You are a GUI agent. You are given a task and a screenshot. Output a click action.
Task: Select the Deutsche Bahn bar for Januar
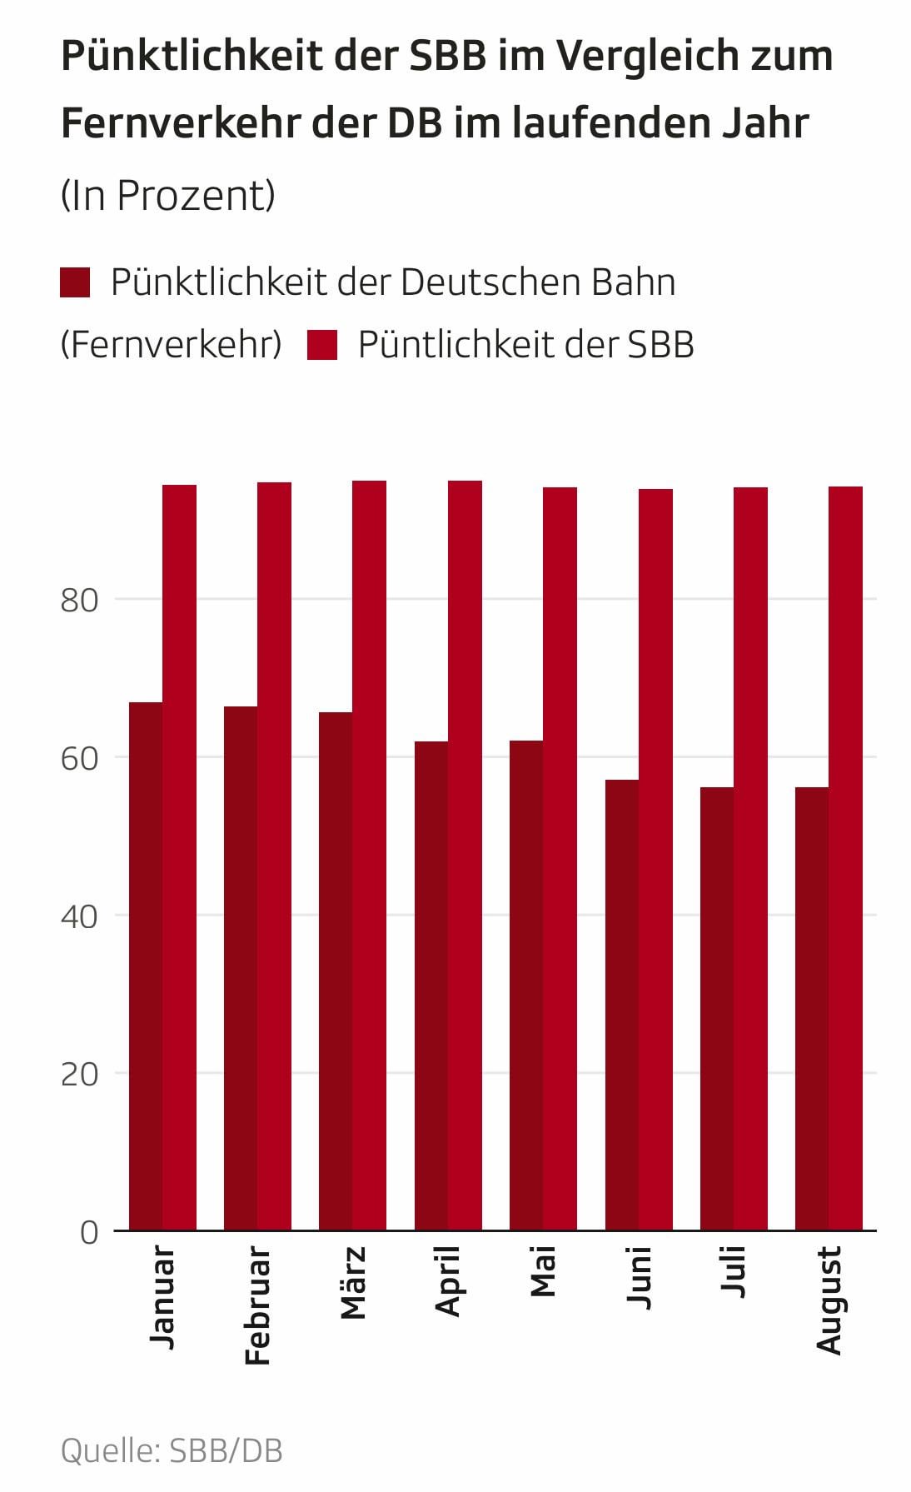point(146,966)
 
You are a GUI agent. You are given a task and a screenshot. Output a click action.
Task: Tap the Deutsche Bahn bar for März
point(336,971)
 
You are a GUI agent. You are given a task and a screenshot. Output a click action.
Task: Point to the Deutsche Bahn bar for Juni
point(622,1005)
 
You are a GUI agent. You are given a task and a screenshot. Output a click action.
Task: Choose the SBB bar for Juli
point(750,859)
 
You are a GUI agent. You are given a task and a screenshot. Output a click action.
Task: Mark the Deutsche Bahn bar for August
point(812,1009)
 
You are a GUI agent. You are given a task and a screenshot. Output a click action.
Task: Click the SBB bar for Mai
point(560,859)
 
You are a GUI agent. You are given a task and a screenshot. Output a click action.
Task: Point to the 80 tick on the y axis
point(79,600)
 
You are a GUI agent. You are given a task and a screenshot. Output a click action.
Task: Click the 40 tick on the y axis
point(79,916)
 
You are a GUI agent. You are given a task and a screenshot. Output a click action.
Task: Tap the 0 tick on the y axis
point(88,1232)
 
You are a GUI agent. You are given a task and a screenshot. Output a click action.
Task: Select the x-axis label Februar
point(258,1305)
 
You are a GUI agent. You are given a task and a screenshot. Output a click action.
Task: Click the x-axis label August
point(829,1300)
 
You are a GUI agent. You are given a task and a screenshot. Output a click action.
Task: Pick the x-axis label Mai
point(543,1272)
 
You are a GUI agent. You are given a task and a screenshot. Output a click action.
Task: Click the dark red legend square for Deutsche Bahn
point(75,282)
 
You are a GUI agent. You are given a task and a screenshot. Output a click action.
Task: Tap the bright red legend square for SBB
point(322,345)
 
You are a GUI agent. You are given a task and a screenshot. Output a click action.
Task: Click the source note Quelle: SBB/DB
point(172,1450)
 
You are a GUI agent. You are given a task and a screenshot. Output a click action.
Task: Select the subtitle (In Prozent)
point(167,196)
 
